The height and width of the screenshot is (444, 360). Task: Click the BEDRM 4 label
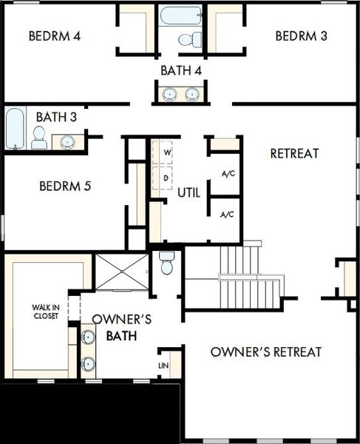pos(55,36)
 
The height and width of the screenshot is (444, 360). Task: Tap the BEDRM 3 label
pos(301,36)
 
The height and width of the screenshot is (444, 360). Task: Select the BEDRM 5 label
pos(65,186)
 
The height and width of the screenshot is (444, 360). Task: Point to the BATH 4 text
pos(181,70)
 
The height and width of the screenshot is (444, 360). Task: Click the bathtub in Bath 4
pos(180,16)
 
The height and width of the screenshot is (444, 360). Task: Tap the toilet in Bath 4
pos(190,39)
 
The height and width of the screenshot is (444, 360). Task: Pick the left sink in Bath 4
pos(170,94)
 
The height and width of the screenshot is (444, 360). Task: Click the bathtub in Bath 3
pos(16,128)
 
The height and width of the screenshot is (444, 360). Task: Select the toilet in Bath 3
pos(38,138)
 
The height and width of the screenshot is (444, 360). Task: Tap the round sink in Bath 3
pos(67,142)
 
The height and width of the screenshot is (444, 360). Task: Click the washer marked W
pos(163,152)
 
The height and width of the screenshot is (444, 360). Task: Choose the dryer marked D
pos(163,178)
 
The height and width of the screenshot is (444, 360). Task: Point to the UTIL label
pos(189,192)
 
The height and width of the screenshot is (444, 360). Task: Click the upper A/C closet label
pos(228,173)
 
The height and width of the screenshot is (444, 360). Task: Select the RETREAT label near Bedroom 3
pos(295,153)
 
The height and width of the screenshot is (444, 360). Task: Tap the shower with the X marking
pos(122,272)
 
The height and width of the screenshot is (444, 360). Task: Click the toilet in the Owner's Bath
pos(166,263)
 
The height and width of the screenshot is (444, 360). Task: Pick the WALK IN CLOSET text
pos(46,312)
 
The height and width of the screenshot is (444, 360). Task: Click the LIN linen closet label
pos(163,366)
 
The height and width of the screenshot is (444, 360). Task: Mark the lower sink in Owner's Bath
pos(88,363)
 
